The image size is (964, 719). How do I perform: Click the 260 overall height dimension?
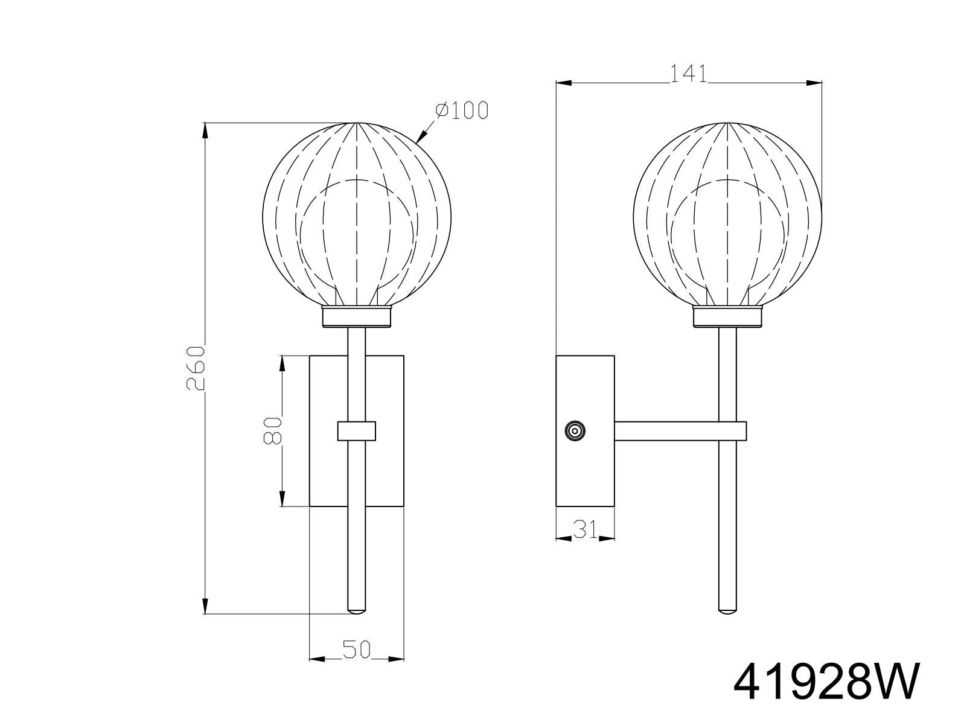coord(196,368)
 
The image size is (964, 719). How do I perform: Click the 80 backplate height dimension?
coord(273,430)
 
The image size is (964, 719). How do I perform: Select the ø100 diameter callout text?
coord(461,110)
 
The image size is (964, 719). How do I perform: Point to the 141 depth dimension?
coord(688,74)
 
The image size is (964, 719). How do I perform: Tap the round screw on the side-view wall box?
coord(574,431)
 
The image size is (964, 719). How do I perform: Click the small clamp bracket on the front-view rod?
coord(357,431)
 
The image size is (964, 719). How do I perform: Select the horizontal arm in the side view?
coord(679,431)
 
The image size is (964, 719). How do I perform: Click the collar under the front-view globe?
coord(357,317)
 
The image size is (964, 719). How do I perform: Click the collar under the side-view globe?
coord(727,317)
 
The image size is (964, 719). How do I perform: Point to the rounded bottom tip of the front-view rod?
coord(357,611)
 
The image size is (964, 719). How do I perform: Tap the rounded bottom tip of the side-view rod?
coord(727,611)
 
